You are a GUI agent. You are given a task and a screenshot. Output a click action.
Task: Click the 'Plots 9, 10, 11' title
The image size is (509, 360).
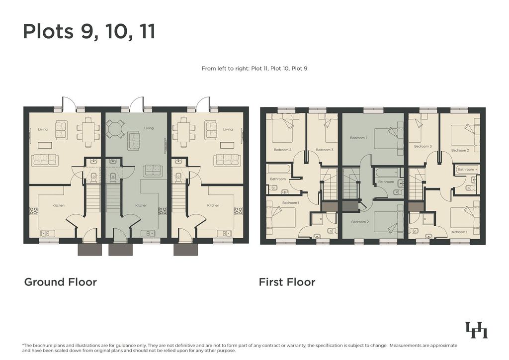click(89, 32)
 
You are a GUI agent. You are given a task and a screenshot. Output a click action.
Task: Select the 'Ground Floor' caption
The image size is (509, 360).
click(60, 282)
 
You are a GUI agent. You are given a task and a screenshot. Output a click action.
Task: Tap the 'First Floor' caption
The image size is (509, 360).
click(287, 282)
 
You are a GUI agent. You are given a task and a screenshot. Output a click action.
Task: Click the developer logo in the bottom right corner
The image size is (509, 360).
click(477, 330)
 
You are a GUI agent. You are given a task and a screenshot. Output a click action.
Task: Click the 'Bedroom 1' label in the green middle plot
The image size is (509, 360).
click(358, 138)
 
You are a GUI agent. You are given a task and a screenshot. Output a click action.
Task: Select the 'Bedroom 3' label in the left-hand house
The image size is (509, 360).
click(325, 150)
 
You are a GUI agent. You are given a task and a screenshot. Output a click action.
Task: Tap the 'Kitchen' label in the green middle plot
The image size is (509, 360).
click(141, 205)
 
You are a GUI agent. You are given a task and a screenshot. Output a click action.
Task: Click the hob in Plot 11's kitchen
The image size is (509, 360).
click(34, 211)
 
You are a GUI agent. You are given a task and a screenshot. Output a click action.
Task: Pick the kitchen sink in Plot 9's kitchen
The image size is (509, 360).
click(224, 233)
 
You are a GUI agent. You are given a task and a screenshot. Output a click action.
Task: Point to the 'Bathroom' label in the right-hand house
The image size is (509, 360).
click(466, 170)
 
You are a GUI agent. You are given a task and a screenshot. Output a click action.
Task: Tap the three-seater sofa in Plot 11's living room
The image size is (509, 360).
click(45, 160)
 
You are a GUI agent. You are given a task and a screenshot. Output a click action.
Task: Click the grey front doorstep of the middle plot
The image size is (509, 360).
click(120, 250)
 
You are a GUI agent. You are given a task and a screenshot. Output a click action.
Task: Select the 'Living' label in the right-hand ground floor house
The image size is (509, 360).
click(228, 129)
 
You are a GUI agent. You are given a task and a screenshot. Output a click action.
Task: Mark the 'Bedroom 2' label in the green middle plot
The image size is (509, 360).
click(360, 222)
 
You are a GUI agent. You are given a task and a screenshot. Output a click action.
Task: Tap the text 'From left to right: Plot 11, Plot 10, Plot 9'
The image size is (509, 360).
click(254, 69)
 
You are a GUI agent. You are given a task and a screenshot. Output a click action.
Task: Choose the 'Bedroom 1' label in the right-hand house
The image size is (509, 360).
click(459, 232)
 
